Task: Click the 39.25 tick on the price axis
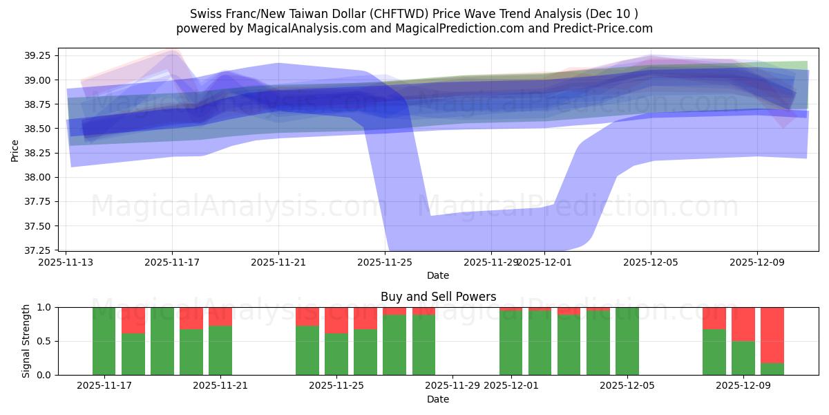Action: point(41,56)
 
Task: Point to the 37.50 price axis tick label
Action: point(41,226)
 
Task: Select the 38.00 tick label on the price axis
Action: point(41,178)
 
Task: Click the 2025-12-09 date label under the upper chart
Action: point(757,262)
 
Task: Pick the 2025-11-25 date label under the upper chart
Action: point(385,262)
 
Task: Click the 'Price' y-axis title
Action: point(15,149)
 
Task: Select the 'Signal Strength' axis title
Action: point(26,341)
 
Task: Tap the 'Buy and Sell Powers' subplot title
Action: point(438,297)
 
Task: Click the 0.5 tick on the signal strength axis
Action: point(44,341)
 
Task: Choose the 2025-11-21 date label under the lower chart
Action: point(220,386)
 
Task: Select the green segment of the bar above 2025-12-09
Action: point(743,358)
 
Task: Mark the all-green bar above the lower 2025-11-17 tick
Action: point(104,341)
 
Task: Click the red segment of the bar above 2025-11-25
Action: point(336,320)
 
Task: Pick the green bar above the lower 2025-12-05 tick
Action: point(627,341)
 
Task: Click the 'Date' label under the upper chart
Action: point(438,275)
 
